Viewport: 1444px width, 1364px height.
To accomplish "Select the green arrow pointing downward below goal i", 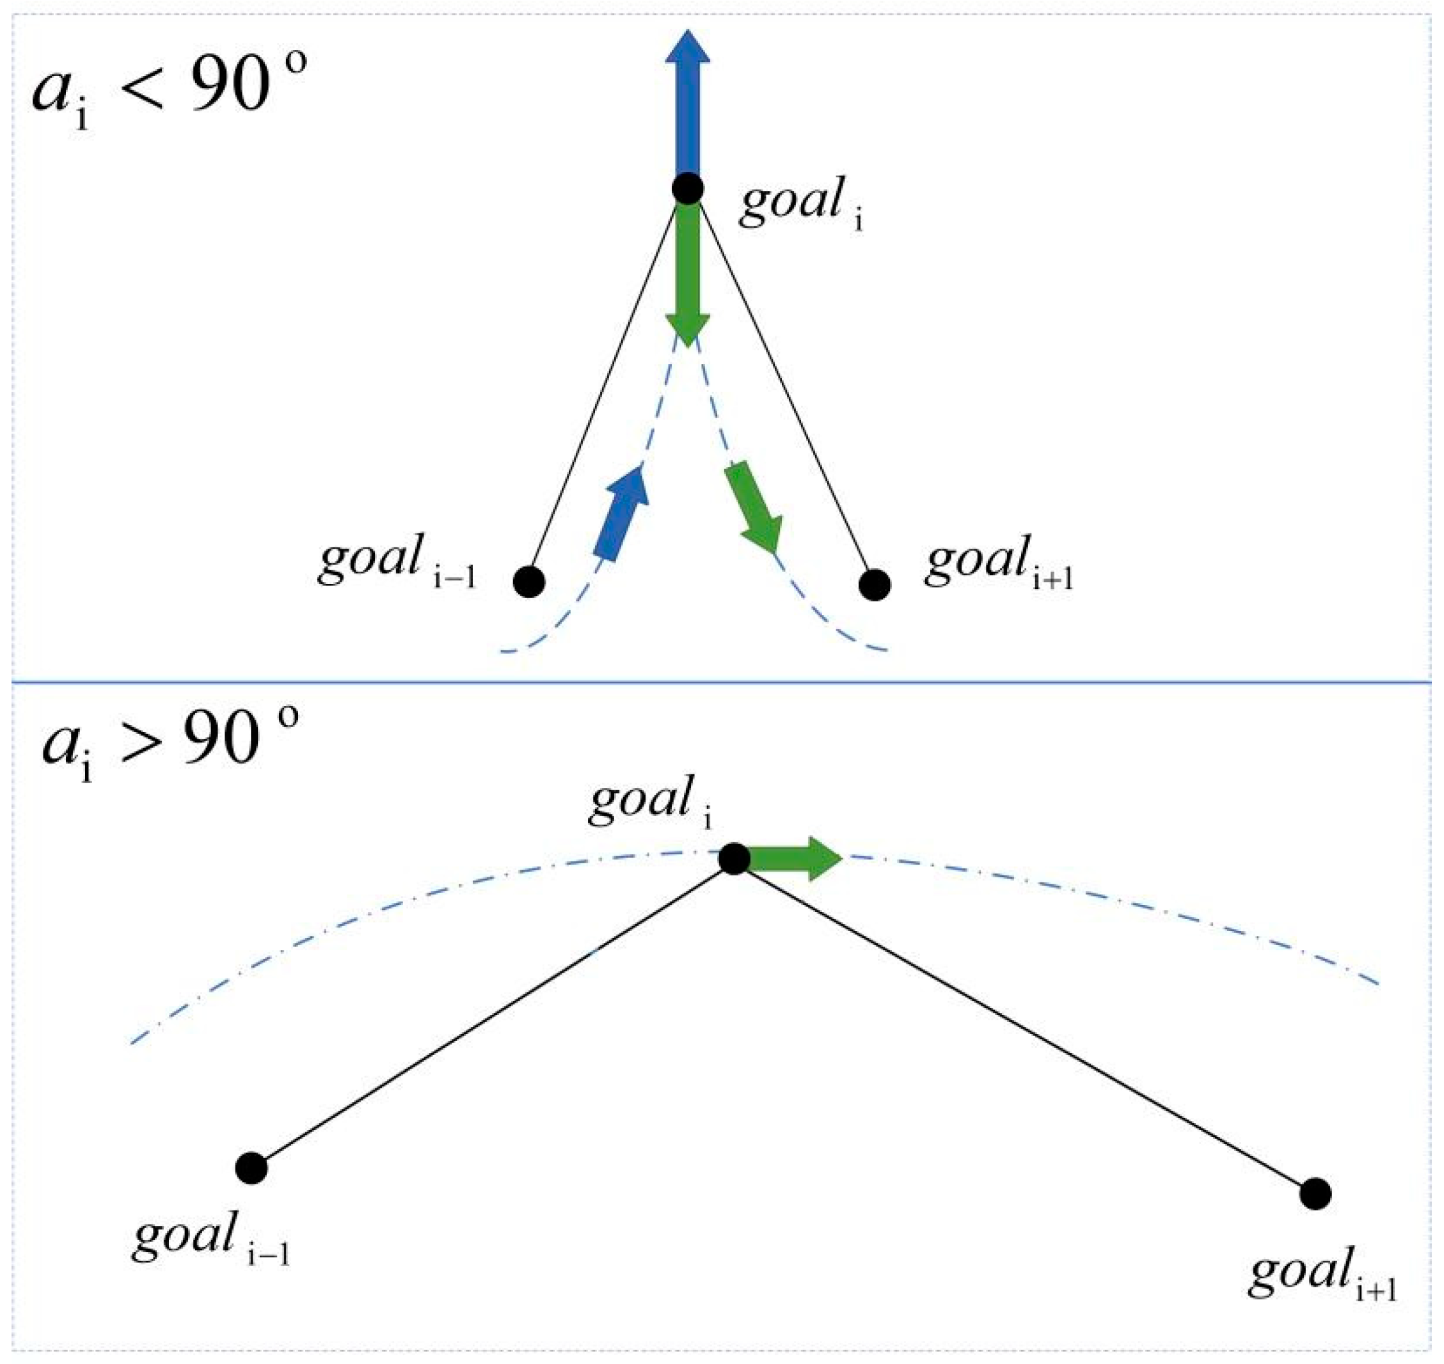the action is click(x=687, y=276).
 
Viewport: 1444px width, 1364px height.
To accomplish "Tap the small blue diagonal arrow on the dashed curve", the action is click(x=621, y=513).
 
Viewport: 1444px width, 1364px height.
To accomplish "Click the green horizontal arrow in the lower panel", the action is click(x=793, y=859).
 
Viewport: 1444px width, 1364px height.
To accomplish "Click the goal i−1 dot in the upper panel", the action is click(x=529, y=582).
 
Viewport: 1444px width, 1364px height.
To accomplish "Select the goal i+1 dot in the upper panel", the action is click(x=875, y=584).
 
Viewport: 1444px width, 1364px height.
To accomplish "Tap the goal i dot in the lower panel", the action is click(x=734, y=859).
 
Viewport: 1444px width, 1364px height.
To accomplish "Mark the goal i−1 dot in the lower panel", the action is click(x=251, y=1168).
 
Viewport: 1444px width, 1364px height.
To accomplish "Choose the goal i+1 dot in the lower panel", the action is click(x=1315, y=1194).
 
